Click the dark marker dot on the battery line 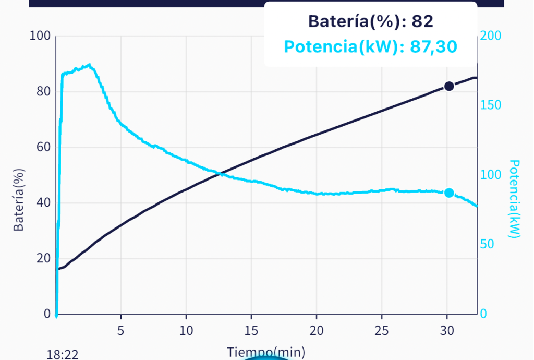[449, 86]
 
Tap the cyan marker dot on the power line [449, 193]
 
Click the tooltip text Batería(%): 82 [371, 21]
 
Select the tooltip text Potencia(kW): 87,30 [371, 47]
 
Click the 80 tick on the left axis [42, 91]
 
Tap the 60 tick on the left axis [42, 147]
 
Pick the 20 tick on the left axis [42, 258]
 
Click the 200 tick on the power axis [491, 36]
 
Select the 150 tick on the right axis [491, 105]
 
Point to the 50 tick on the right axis [488, 244]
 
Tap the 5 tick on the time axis [121, 331]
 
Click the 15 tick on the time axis [251, 331]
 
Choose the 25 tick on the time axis [382, 331]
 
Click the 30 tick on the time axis [447, 331]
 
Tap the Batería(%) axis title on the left [19, 200]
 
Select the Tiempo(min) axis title [266, 352]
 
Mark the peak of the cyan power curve [90, 65]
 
